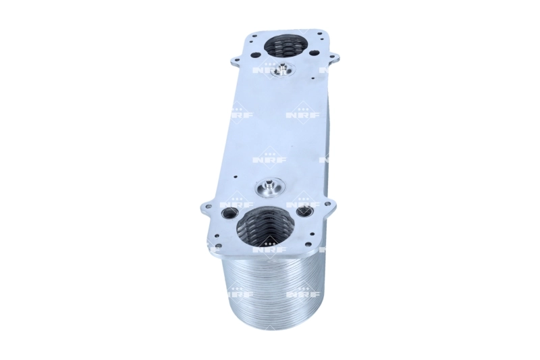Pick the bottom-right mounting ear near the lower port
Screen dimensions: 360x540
[x=328, y=203]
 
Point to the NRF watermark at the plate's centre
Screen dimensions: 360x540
[x=269, y=159]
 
